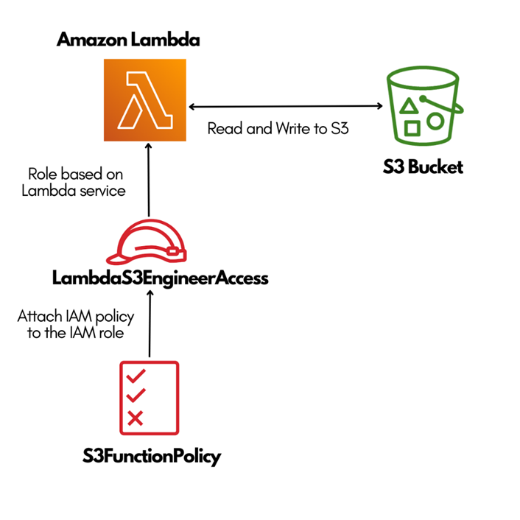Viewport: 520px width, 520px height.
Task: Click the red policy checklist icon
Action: coord(149,398)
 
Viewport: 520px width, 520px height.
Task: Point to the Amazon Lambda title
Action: coord(128,41)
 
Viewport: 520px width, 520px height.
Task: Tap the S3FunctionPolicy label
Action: coord(152,457)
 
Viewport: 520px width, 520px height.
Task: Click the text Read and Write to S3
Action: coord(278,129)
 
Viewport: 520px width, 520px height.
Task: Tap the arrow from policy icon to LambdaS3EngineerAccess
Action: coord(150,324)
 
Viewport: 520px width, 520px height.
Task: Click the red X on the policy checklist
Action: coord(136,418)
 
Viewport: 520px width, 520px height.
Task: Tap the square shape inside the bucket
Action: coord(412,128)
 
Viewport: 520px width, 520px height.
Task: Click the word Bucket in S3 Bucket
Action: coord(436,166)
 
